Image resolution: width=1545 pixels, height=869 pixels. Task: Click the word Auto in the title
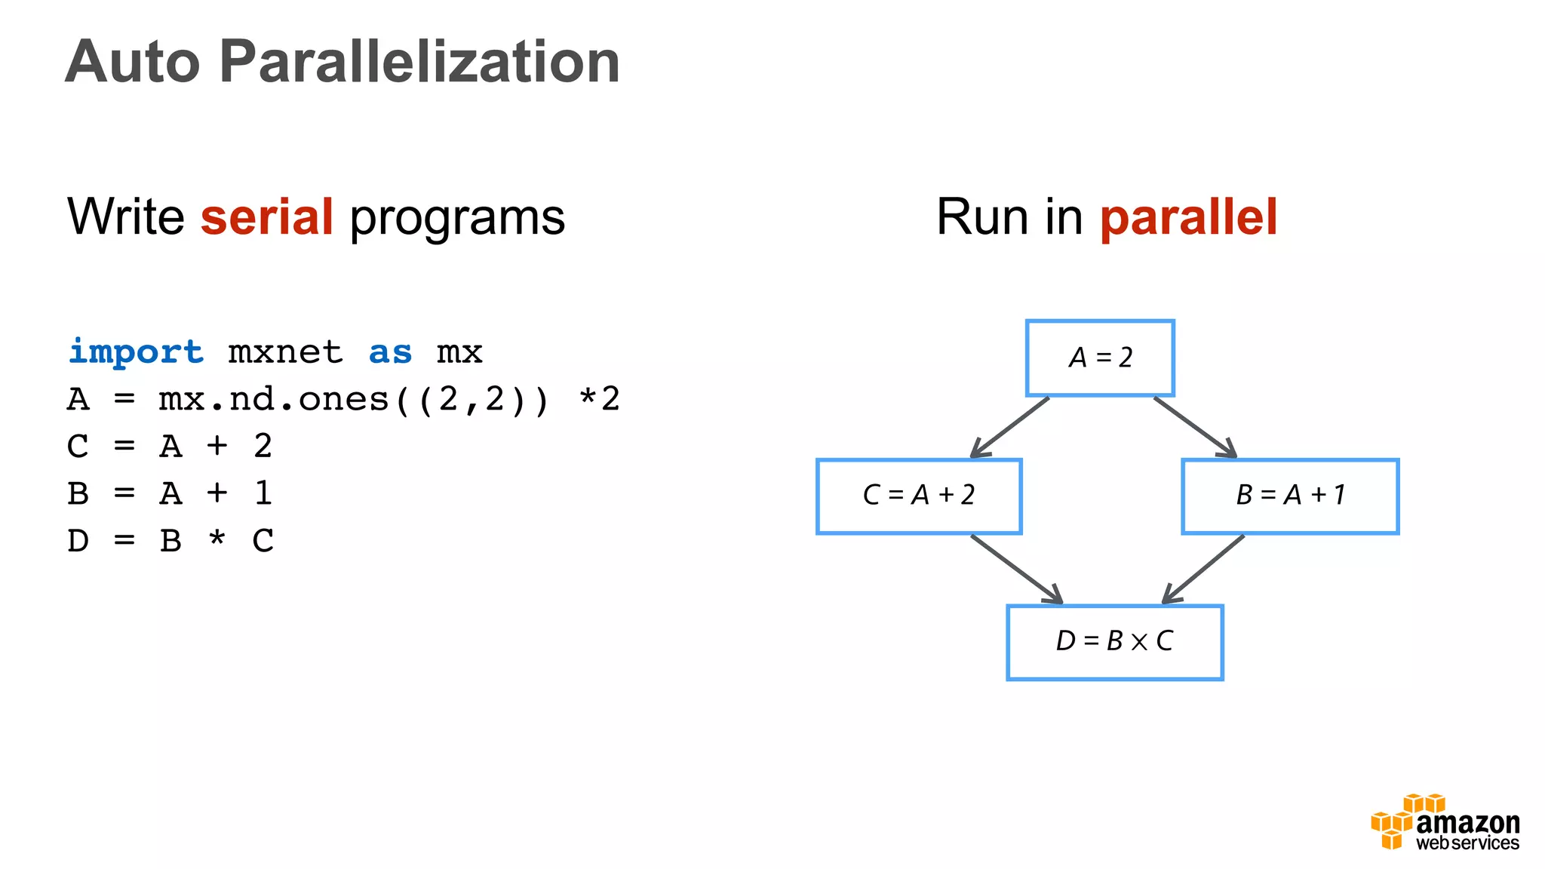point(133,62)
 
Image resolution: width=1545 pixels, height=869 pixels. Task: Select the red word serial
point(267,217)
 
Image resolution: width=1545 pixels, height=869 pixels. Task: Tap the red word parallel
point(1188,217)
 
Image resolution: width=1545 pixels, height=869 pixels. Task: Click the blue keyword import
point(136,352)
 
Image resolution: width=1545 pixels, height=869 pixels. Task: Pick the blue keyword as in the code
point(390,352)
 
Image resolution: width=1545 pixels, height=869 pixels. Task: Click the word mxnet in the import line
point(285,352)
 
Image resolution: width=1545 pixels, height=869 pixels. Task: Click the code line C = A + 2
point(170,447)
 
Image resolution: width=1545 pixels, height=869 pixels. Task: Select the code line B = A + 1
point(170,494)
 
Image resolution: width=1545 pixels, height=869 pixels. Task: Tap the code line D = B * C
point(170,541)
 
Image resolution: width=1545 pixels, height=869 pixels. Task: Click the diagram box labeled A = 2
point(1100,358)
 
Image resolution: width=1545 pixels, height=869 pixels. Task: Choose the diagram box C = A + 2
point(919,496)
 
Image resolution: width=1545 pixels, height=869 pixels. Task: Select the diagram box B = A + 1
point(1290,496)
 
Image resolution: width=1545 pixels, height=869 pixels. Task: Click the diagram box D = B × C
point(1115,642)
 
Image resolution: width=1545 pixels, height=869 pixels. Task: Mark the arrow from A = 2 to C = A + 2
point(1010,427)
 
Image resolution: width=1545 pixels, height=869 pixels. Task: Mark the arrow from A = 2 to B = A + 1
point(1195,427)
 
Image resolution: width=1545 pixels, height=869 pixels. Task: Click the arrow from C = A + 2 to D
point(1016,569)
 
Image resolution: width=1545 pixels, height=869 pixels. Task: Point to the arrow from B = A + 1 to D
point(1203,569)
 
